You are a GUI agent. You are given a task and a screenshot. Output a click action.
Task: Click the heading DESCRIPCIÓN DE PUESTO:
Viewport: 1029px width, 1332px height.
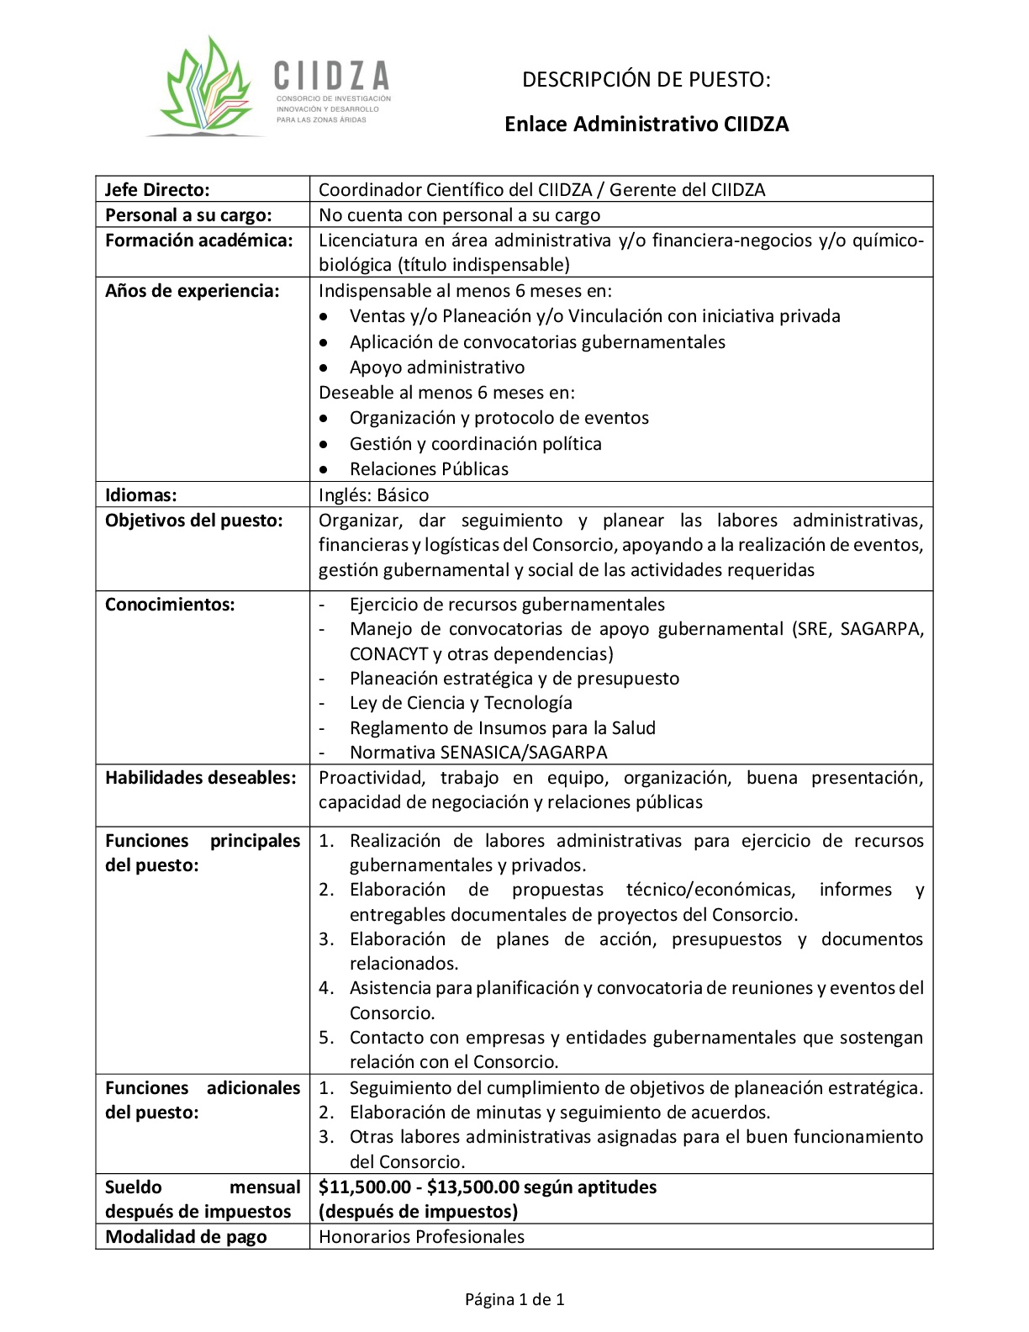point(646,80)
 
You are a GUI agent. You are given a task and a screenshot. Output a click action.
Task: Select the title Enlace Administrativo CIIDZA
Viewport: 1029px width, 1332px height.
point(646,124)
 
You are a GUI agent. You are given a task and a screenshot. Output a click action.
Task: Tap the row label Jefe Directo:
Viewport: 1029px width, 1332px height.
point(157,190)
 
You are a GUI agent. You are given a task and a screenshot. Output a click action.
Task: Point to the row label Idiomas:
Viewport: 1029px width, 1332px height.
point(141,494)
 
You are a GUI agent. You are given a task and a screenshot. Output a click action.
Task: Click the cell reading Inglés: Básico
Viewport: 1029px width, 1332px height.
point(373,494)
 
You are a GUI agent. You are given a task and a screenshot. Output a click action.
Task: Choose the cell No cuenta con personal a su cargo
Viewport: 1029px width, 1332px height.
point(459,215)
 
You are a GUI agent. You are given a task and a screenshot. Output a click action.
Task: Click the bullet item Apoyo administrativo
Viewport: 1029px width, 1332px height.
point(437,367)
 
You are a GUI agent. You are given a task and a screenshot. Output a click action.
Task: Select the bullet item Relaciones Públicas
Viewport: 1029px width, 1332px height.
point(429,469)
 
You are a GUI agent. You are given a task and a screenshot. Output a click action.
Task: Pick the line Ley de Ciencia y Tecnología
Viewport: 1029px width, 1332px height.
point(461,703)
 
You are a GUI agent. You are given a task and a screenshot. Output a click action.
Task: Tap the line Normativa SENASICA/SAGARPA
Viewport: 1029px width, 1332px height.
point(478,752)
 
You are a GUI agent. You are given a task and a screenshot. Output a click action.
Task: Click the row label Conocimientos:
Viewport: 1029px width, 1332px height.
point(170,605)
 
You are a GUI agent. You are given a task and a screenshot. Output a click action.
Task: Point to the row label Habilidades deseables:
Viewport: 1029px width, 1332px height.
point(201,778)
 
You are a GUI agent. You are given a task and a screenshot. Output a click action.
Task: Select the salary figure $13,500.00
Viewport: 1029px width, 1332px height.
point(472,1187)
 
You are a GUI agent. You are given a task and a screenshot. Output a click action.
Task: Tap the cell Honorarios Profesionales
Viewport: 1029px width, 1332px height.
point(421,1237)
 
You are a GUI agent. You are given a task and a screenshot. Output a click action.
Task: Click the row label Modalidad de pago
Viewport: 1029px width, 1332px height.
point(186,1237)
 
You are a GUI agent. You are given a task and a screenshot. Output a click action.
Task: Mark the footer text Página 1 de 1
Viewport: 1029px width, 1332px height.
point(514,1300)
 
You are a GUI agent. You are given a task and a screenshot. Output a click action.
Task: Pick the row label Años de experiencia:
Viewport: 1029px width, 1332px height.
point(192,291)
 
